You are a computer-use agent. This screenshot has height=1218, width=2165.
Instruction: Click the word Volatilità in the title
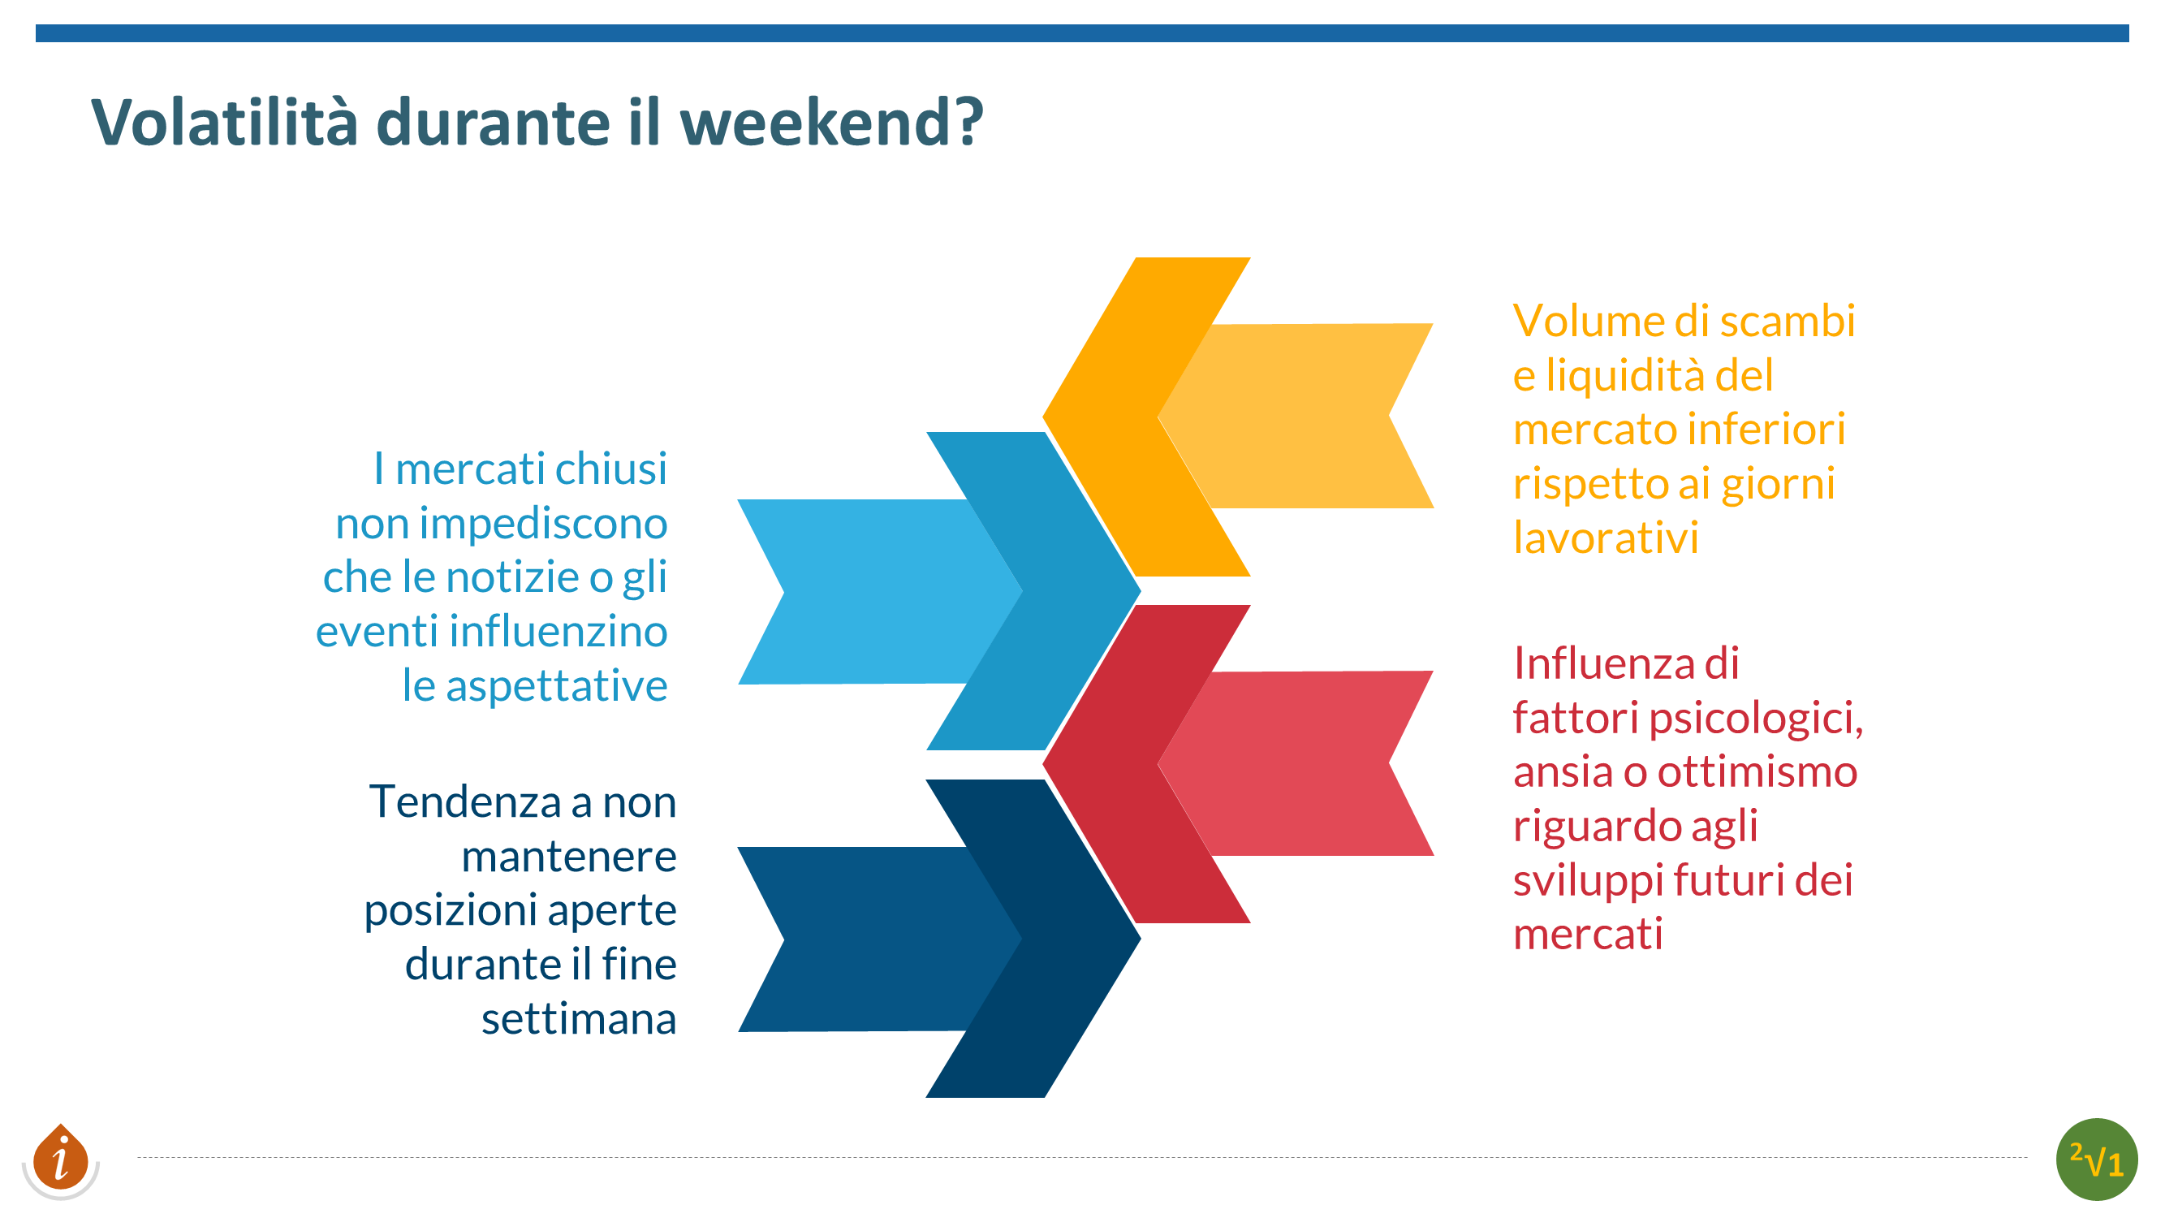[x=224, y=123]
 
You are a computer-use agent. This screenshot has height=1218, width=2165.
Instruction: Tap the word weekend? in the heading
[x=831, y=123]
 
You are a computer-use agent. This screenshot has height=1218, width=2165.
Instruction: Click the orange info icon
[x=61, y=1160]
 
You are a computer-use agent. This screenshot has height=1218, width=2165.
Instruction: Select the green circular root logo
[x=2096, y=1160]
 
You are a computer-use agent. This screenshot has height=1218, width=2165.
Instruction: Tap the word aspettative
[x=556, y=686]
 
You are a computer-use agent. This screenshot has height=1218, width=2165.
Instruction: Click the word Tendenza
[x=465, y=802]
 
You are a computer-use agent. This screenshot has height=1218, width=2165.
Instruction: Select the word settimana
[x=579, y=1019]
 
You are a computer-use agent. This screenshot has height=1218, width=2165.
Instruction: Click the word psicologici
[x=1756, y=719]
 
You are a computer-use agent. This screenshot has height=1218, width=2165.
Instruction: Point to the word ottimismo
[x=1757, y=771]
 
